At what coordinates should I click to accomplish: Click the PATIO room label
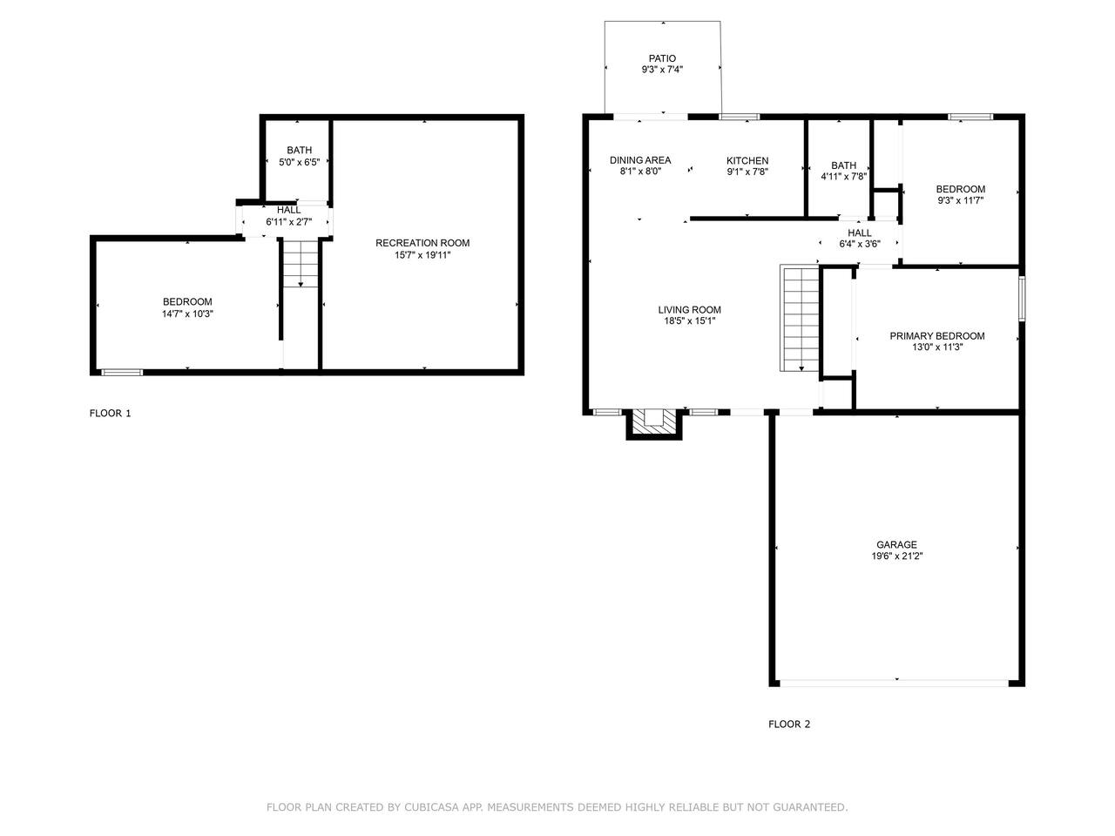(x=662, y=58)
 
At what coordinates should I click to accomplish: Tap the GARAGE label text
(x=896, y=544)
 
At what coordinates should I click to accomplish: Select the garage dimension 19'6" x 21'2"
(x=897, y=556)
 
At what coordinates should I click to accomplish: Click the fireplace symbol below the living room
(x=654, y=423)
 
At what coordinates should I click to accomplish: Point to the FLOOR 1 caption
(x=111, y=413)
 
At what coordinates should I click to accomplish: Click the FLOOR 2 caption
(x=789, y=725)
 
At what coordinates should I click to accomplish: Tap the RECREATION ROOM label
(x=422, y=243)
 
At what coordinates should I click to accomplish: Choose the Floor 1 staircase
(x=301, y=264)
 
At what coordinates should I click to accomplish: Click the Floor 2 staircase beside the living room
(x=800, y=318)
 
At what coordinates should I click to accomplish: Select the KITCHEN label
(x=747, y=160)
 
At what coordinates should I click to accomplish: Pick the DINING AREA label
(x=640, y=160)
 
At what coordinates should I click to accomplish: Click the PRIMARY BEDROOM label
(x=937, y=336)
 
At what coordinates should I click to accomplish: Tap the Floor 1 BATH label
(x=299, y=151)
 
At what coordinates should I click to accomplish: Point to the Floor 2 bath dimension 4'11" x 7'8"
(x=844, y=177)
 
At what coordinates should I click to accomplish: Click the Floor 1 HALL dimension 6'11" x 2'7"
(x=289, y=222)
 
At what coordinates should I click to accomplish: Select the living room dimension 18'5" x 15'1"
(x=690, y=320)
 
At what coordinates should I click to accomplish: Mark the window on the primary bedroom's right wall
(x=1022, y=299)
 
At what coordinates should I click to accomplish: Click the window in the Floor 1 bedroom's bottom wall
(x=122, y=372)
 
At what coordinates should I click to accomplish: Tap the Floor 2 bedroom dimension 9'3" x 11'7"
(x=961, y=200)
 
